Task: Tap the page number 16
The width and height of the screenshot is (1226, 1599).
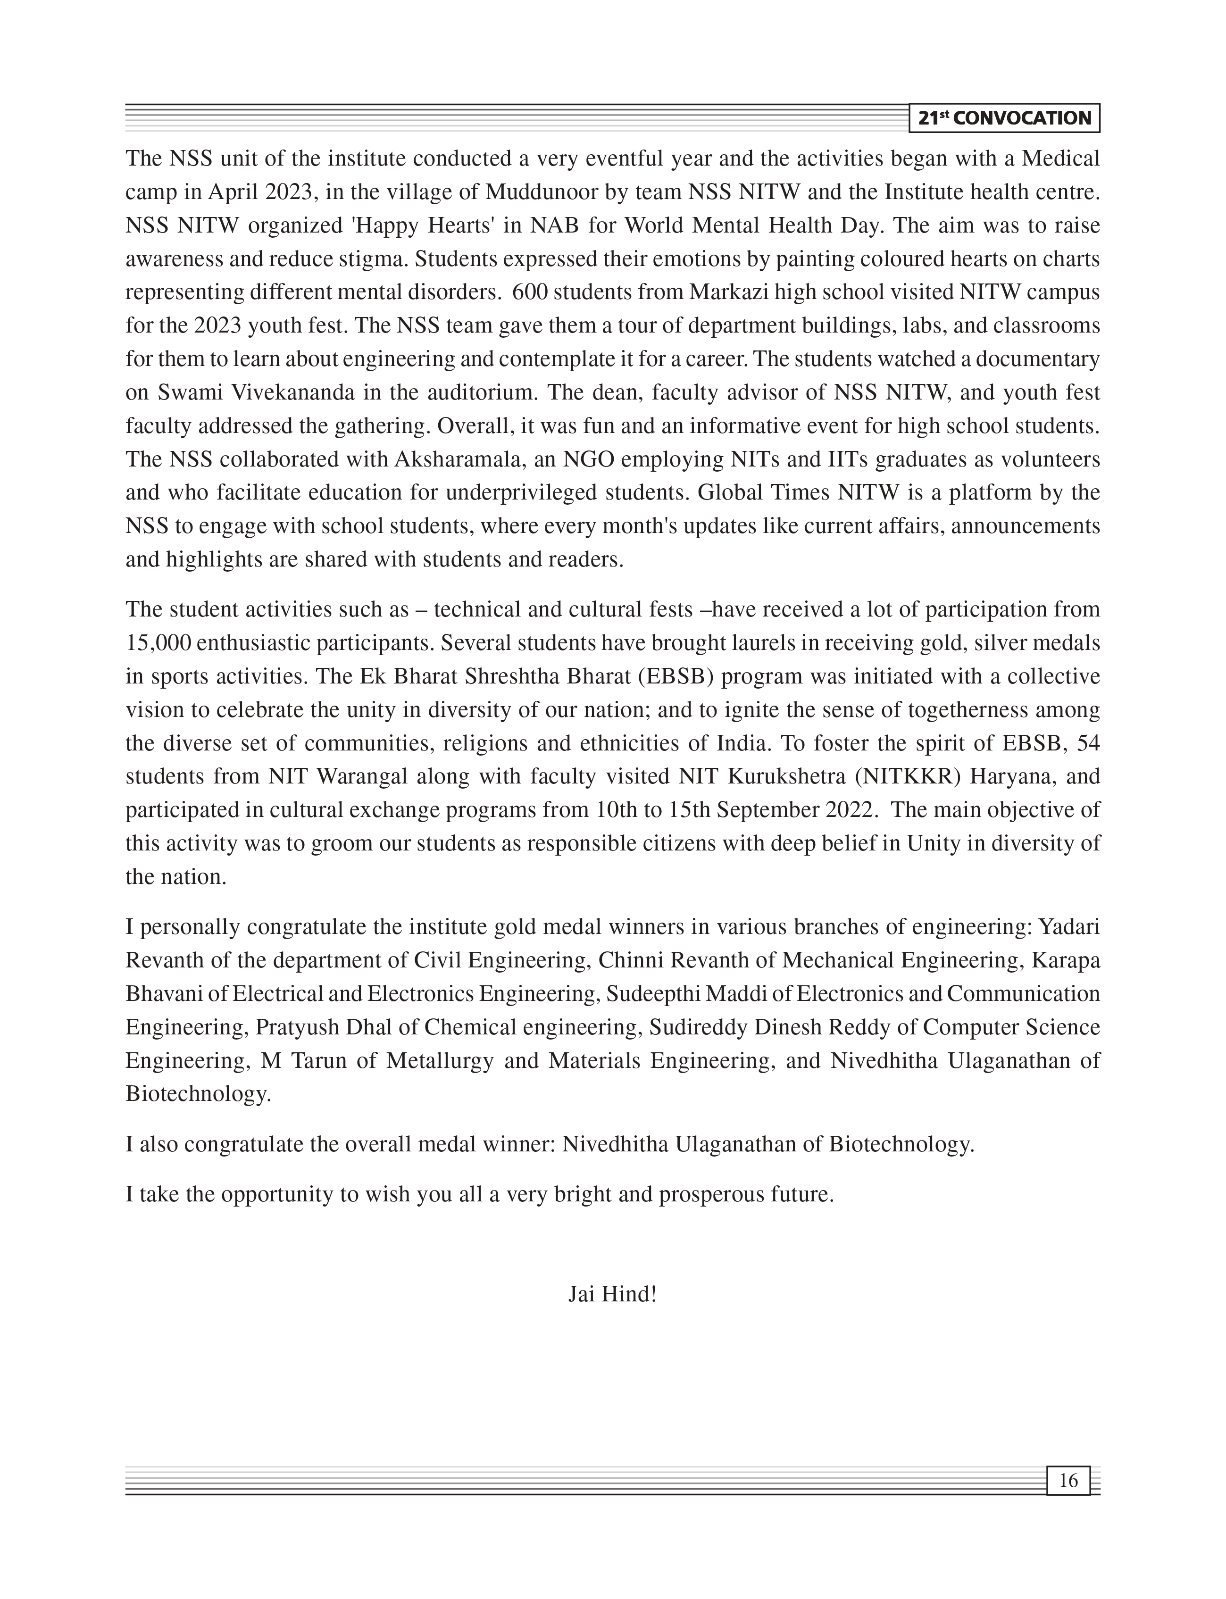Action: tap(1068, 1481)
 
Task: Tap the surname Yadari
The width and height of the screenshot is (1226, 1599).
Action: tap(1068, 927)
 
